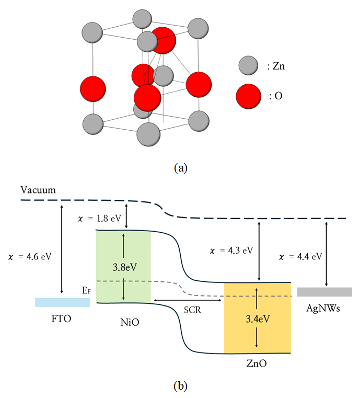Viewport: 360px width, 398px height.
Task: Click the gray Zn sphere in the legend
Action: pos(248,66)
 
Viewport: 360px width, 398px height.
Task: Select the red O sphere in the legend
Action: pos(248,97)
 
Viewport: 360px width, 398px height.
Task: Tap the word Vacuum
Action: pos(38,190)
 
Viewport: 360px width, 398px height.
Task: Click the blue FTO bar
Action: pos(62,302)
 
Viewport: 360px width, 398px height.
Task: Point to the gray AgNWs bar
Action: pos(324,292)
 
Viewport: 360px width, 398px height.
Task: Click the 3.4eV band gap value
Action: pos(257,318)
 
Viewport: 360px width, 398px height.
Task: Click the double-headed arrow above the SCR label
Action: pos(187,300)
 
